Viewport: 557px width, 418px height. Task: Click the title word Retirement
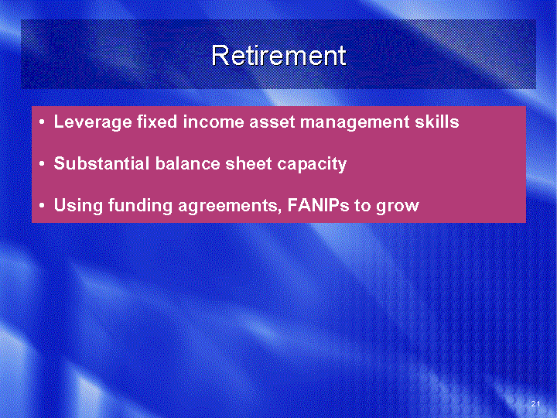(x=278, y=56)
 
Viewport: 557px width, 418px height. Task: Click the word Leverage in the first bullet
(x=93, y=122)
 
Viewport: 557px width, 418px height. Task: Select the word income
(x=214, y=122)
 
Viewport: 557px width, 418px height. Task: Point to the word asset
(x=272, y=122)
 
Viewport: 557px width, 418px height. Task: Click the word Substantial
(x=101, y=163)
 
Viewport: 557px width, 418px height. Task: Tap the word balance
(x=187, y=163)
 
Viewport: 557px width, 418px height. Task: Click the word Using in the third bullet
(x=78, y=206)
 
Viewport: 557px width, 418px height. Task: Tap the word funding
(x=140, y=206)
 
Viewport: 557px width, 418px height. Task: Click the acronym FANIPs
(x=318, y=205)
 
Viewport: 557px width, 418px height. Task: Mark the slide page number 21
(x=535, y=403)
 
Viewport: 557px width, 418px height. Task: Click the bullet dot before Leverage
(x=43, y=122)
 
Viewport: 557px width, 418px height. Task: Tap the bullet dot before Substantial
(x=43, y=164)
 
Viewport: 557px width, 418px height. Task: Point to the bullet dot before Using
(x=43, y=206)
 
